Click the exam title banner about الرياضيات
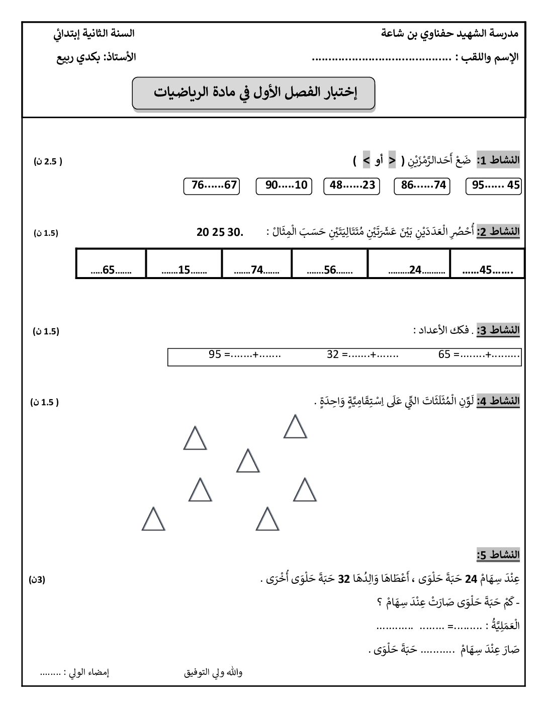click(254, 93)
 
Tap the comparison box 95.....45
click(494, 186)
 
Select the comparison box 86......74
click(423, 186)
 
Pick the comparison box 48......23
click(352, 186)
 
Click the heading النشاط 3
click(498, 330)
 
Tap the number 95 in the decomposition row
click(215, 354)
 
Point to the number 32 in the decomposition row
click(333, 354)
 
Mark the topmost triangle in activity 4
click(295, 427)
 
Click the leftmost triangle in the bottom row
click(153, 520)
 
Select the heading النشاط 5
click(498, 555)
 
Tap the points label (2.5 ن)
click(48, 161)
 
